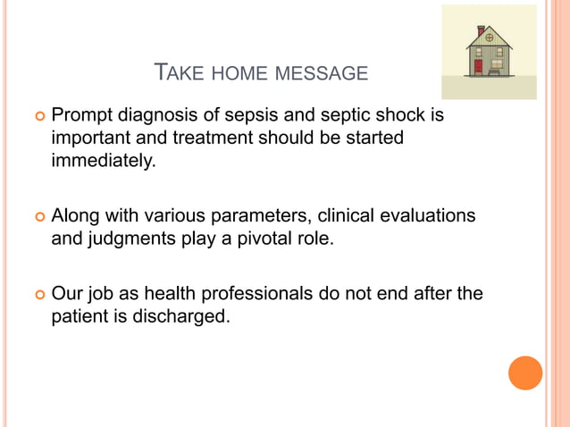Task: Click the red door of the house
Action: tap(478, 66)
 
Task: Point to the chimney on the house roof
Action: tap(481, 30)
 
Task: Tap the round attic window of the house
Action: tap(489, 38)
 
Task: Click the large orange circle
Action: tap(525, 373)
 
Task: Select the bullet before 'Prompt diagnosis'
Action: tap(38, 117)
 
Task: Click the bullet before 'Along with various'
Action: tap(38, 218)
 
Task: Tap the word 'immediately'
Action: tap(103, 162)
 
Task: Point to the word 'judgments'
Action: tap(125, 239)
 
